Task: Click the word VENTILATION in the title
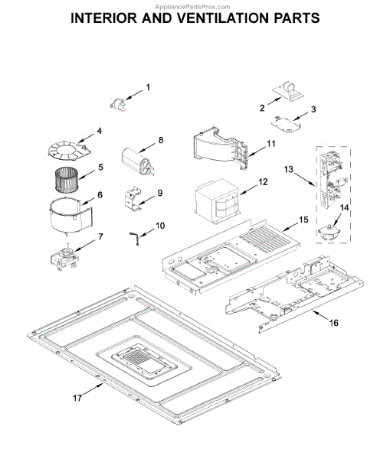(x=224, y=18)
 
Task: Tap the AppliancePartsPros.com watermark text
(x=192, y=7)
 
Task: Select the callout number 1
(x=148, y=87)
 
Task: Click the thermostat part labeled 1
(x=118, y=103)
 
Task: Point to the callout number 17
(x=77, y=398)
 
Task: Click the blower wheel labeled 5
(x=66, y=180)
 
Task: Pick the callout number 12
(x=263, y=182)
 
